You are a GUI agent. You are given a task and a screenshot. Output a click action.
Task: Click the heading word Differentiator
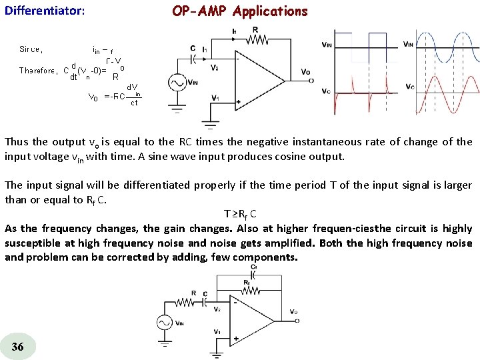point(44,11)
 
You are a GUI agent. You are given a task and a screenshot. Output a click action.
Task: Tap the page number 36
point(18,346)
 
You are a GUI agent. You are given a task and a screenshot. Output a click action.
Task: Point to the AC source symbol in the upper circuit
point(177,83)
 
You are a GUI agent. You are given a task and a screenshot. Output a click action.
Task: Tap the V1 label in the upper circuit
point(215,98)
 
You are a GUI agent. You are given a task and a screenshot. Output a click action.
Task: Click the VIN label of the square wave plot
point(327,45)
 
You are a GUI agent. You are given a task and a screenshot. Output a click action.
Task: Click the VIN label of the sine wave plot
point(409,45)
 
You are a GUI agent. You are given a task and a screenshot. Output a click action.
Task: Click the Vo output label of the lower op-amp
point(294,312)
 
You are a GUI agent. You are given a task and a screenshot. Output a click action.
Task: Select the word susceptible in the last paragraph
point(31,243)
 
